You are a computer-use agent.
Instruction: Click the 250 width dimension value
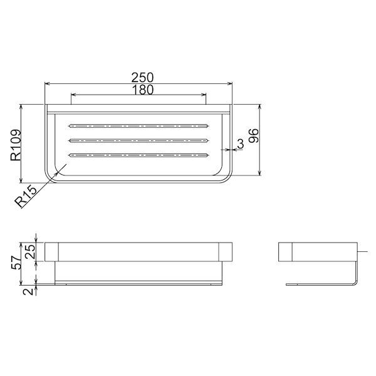142,77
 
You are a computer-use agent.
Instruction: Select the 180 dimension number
142,90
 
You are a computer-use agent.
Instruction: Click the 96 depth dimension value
253,136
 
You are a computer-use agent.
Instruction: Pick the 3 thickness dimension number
240,144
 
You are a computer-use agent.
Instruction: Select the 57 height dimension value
16,262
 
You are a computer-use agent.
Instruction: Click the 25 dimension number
30,251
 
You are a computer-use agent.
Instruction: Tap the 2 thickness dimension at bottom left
28,291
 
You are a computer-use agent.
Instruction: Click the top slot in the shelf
139,126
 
